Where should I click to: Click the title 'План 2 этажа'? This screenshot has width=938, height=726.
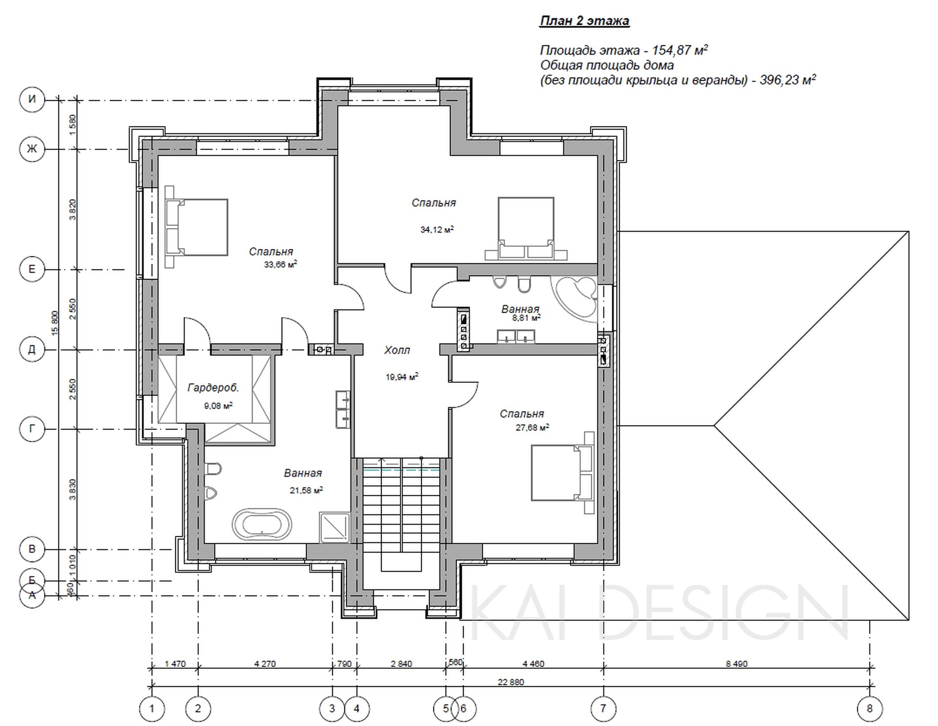tap(584, 21)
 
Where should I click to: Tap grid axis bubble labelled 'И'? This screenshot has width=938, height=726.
tap(32, 100)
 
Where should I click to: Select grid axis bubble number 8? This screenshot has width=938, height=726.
tap(870, 708)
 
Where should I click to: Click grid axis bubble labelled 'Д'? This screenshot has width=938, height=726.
tap(32, 350)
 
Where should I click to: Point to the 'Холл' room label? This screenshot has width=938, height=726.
tap(397, 350)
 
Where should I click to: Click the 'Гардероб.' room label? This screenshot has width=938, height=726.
tap(213, 388)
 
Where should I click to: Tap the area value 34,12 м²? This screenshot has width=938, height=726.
tap(437, 229)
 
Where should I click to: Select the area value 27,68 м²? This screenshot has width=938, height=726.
tap(532, 427)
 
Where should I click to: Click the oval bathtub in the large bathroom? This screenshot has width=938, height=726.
tap(262, 525)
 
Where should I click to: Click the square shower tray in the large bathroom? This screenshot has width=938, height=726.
tap(335, 527)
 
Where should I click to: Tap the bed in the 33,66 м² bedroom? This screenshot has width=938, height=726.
tap(196, 227)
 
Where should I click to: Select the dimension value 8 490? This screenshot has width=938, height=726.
tap(737, 664)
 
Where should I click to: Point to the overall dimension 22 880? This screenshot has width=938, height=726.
tap(511, 682)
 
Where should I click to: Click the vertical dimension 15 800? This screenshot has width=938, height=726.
tap(55, 323)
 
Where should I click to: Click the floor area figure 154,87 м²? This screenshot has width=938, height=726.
tap(680, 50)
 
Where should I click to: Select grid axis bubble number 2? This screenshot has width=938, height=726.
tap(198, 708)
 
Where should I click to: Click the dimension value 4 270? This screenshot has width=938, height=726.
tap(265, 664)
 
